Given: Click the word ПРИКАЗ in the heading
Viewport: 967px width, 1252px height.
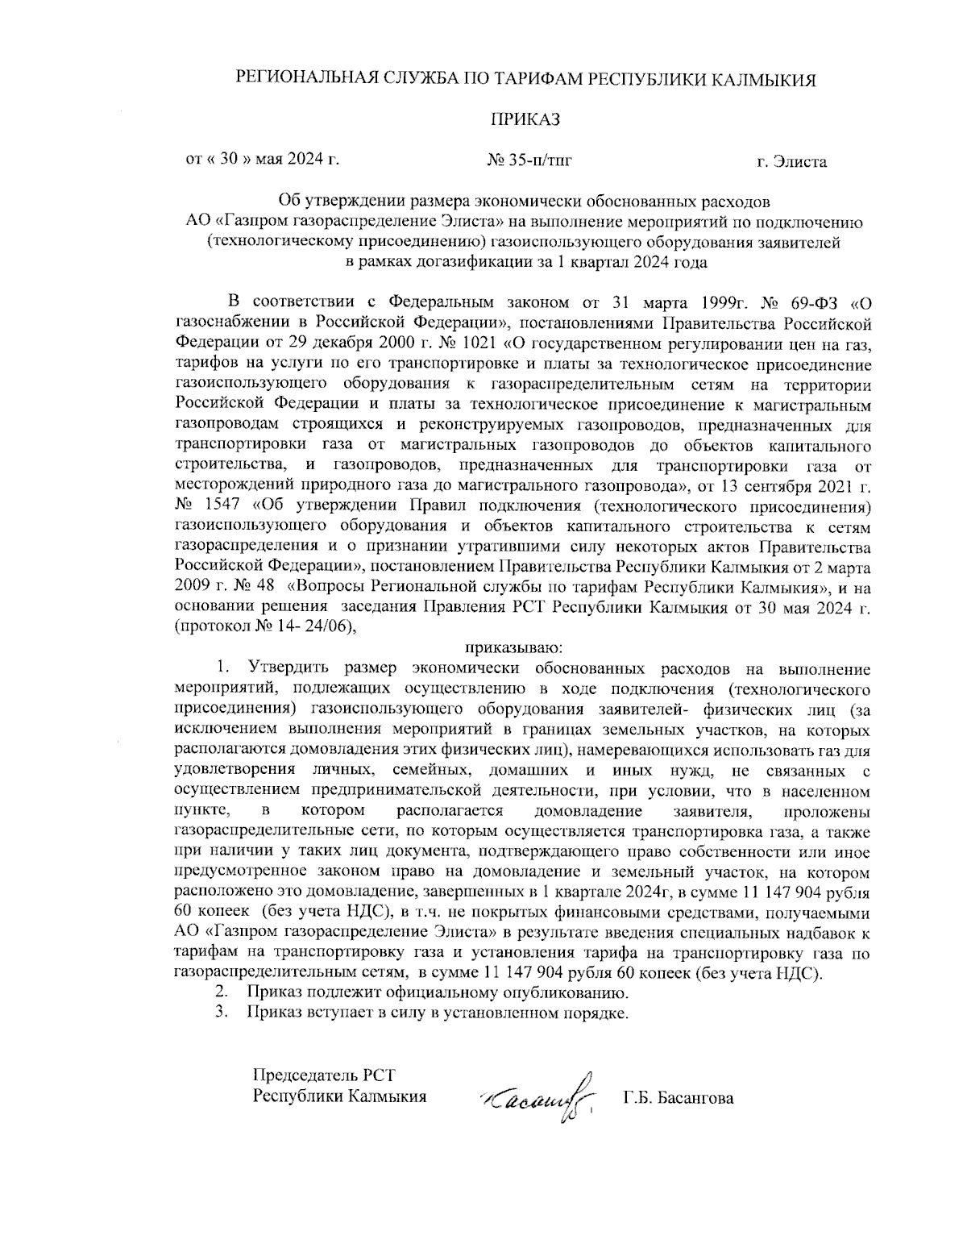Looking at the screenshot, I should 525,120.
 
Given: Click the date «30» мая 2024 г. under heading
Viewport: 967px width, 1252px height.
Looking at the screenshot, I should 262,160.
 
